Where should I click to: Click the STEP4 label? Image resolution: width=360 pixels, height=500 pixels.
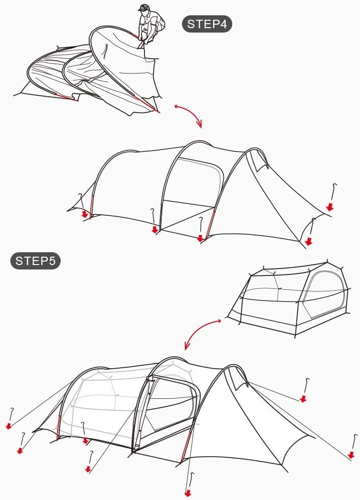[207, 24]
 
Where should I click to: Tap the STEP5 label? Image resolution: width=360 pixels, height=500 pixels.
[36, 261]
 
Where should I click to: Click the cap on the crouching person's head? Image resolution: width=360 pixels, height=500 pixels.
[144, 7]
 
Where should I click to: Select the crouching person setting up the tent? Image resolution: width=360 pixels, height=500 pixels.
[151, 26]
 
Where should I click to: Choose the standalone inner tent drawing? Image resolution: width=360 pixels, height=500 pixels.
[289, 299]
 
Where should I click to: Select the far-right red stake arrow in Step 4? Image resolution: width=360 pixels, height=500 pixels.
[330, 207]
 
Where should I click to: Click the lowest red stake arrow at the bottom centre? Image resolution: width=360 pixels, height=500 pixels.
[188, 493]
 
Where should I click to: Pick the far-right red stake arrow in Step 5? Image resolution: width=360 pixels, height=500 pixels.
[351, 455]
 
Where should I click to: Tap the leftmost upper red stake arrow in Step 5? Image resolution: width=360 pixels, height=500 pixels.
[8, 425]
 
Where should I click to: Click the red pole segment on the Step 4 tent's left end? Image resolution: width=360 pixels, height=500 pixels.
[92, 206]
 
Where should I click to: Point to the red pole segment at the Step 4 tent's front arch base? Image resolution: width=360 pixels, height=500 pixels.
[210, 224]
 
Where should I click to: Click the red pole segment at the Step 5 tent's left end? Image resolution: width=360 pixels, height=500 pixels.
[58, 427]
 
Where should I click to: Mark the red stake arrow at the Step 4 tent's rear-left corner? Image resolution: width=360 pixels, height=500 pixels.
[84, 214]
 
